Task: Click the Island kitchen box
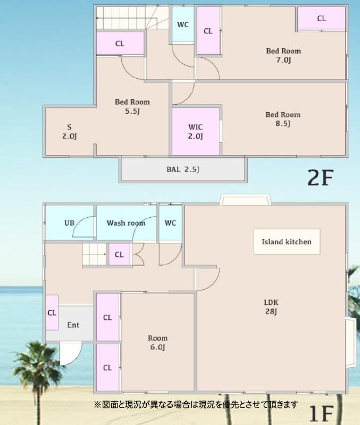tap(287, 242)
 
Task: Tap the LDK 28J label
tap(271, 307)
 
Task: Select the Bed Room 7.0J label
tap(283, 55)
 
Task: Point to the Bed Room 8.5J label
tap(283, 119)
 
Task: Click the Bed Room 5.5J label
tap(132, 106)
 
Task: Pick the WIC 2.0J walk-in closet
tap(196, 131)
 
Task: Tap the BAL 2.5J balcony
tap(183, 169)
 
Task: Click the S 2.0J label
tap(70, 131)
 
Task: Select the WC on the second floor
tap(183, 24)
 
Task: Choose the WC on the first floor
tap(170, 223)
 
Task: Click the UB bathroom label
tap(69, 223)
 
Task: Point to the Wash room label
tap(126, 223)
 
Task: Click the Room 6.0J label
tap(157, 342)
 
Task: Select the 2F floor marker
tap(320, 177)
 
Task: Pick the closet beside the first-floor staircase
tap(119, 254)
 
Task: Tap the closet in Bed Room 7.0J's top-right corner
tap(322, 18)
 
